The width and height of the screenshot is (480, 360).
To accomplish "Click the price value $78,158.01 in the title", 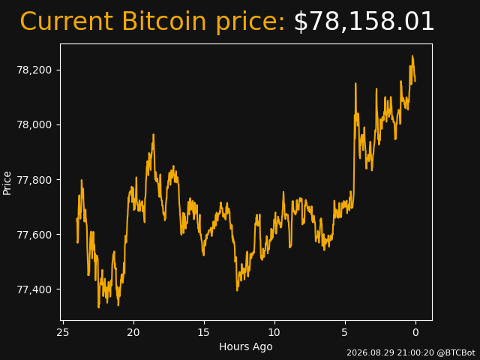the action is [x=364, y=22].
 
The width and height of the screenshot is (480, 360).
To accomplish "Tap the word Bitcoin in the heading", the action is [x=163, y=22].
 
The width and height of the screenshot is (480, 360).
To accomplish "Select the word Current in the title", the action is [x=68, y=22].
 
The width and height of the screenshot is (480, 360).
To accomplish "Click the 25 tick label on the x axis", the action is [x=63, y=332].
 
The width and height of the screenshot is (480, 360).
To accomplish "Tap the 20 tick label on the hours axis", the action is [x=133, y=332].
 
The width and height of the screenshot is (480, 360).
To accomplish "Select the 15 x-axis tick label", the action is [x=204, y=332].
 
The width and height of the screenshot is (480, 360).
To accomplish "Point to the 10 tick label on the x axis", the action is [x=274, y=332].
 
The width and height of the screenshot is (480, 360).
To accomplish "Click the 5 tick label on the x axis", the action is [x=345, y=332].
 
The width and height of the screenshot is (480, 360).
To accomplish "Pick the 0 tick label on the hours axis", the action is [x=415, y=332].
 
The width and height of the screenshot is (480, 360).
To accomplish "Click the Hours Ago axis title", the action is [x=246, y=346].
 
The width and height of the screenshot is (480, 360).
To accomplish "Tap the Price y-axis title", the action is [x=7, y=183].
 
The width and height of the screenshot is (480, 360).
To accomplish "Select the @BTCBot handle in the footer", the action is [x=456, y=353].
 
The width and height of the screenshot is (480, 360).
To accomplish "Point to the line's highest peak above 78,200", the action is [x=412, y=56].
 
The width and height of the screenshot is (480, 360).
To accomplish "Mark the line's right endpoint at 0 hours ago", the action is [x=415, y=81].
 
